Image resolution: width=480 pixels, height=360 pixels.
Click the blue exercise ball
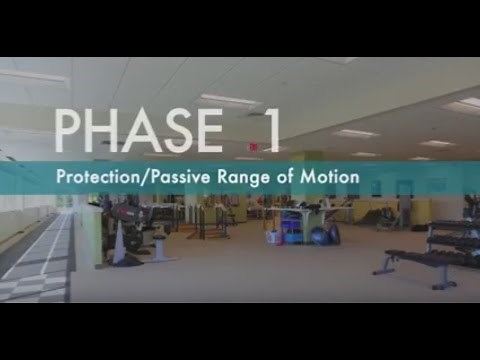coord(318,236)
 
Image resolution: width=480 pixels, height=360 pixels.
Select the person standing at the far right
coord(404,211)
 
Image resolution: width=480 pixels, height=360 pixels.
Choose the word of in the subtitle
coord(285,182)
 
